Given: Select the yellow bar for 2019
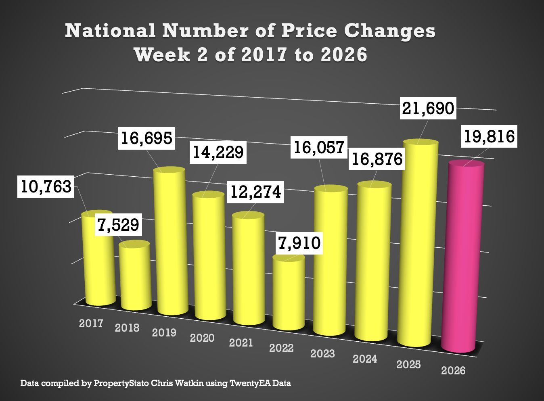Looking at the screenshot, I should pos(171,242).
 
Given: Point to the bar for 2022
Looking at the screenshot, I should pos(289,292).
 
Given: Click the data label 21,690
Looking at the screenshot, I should pos(428,108).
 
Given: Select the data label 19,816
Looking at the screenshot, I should pos(489,136).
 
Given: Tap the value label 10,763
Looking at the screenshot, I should pos(46,186).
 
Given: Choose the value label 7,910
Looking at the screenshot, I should pos(299,243).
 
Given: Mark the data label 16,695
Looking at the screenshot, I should pos(146,138).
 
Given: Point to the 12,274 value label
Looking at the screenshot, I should pos(255,192).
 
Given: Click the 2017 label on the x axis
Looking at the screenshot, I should pos(91,323).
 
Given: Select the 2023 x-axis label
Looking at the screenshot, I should pos(322,353).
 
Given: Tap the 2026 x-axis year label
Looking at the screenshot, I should pos(453,370).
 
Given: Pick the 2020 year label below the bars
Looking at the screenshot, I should pos(202,338).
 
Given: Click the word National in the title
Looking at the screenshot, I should pos(110,31).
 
